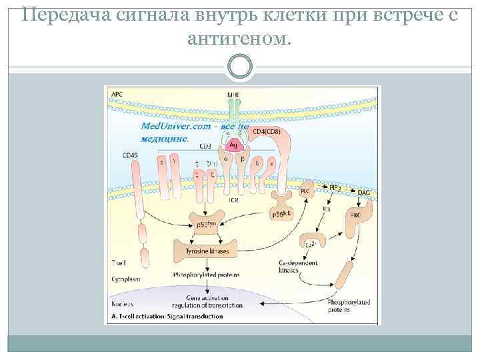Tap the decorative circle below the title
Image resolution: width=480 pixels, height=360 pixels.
pyautogui.click(x=240, y=67)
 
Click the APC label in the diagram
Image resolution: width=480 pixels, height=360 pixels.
pyautogui.click(x=117, y=94)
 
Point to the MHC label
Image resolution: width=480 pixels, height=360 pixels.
pyautogui.click(x=233, y=95)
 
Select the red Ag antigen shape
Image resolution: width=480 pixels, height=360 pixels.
pyautogui.click(x=233, y=144)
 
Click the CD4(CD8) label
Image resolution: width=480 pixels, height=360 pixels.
pyautogui.click(x=267, y=131)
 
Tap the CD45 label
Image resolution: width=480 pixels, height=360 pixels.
pyautogui.click(x=130, y=155)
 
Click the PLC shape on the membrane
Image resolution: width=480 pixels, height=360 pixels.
pyautogui.click(x=306, y=191)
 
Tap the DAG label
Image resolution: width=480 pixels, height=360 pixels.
pyautogui.click(x=364, y=193)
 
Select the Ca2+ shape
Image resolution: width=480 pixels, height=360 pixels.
pyautogui.click(x=311, y=243)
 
